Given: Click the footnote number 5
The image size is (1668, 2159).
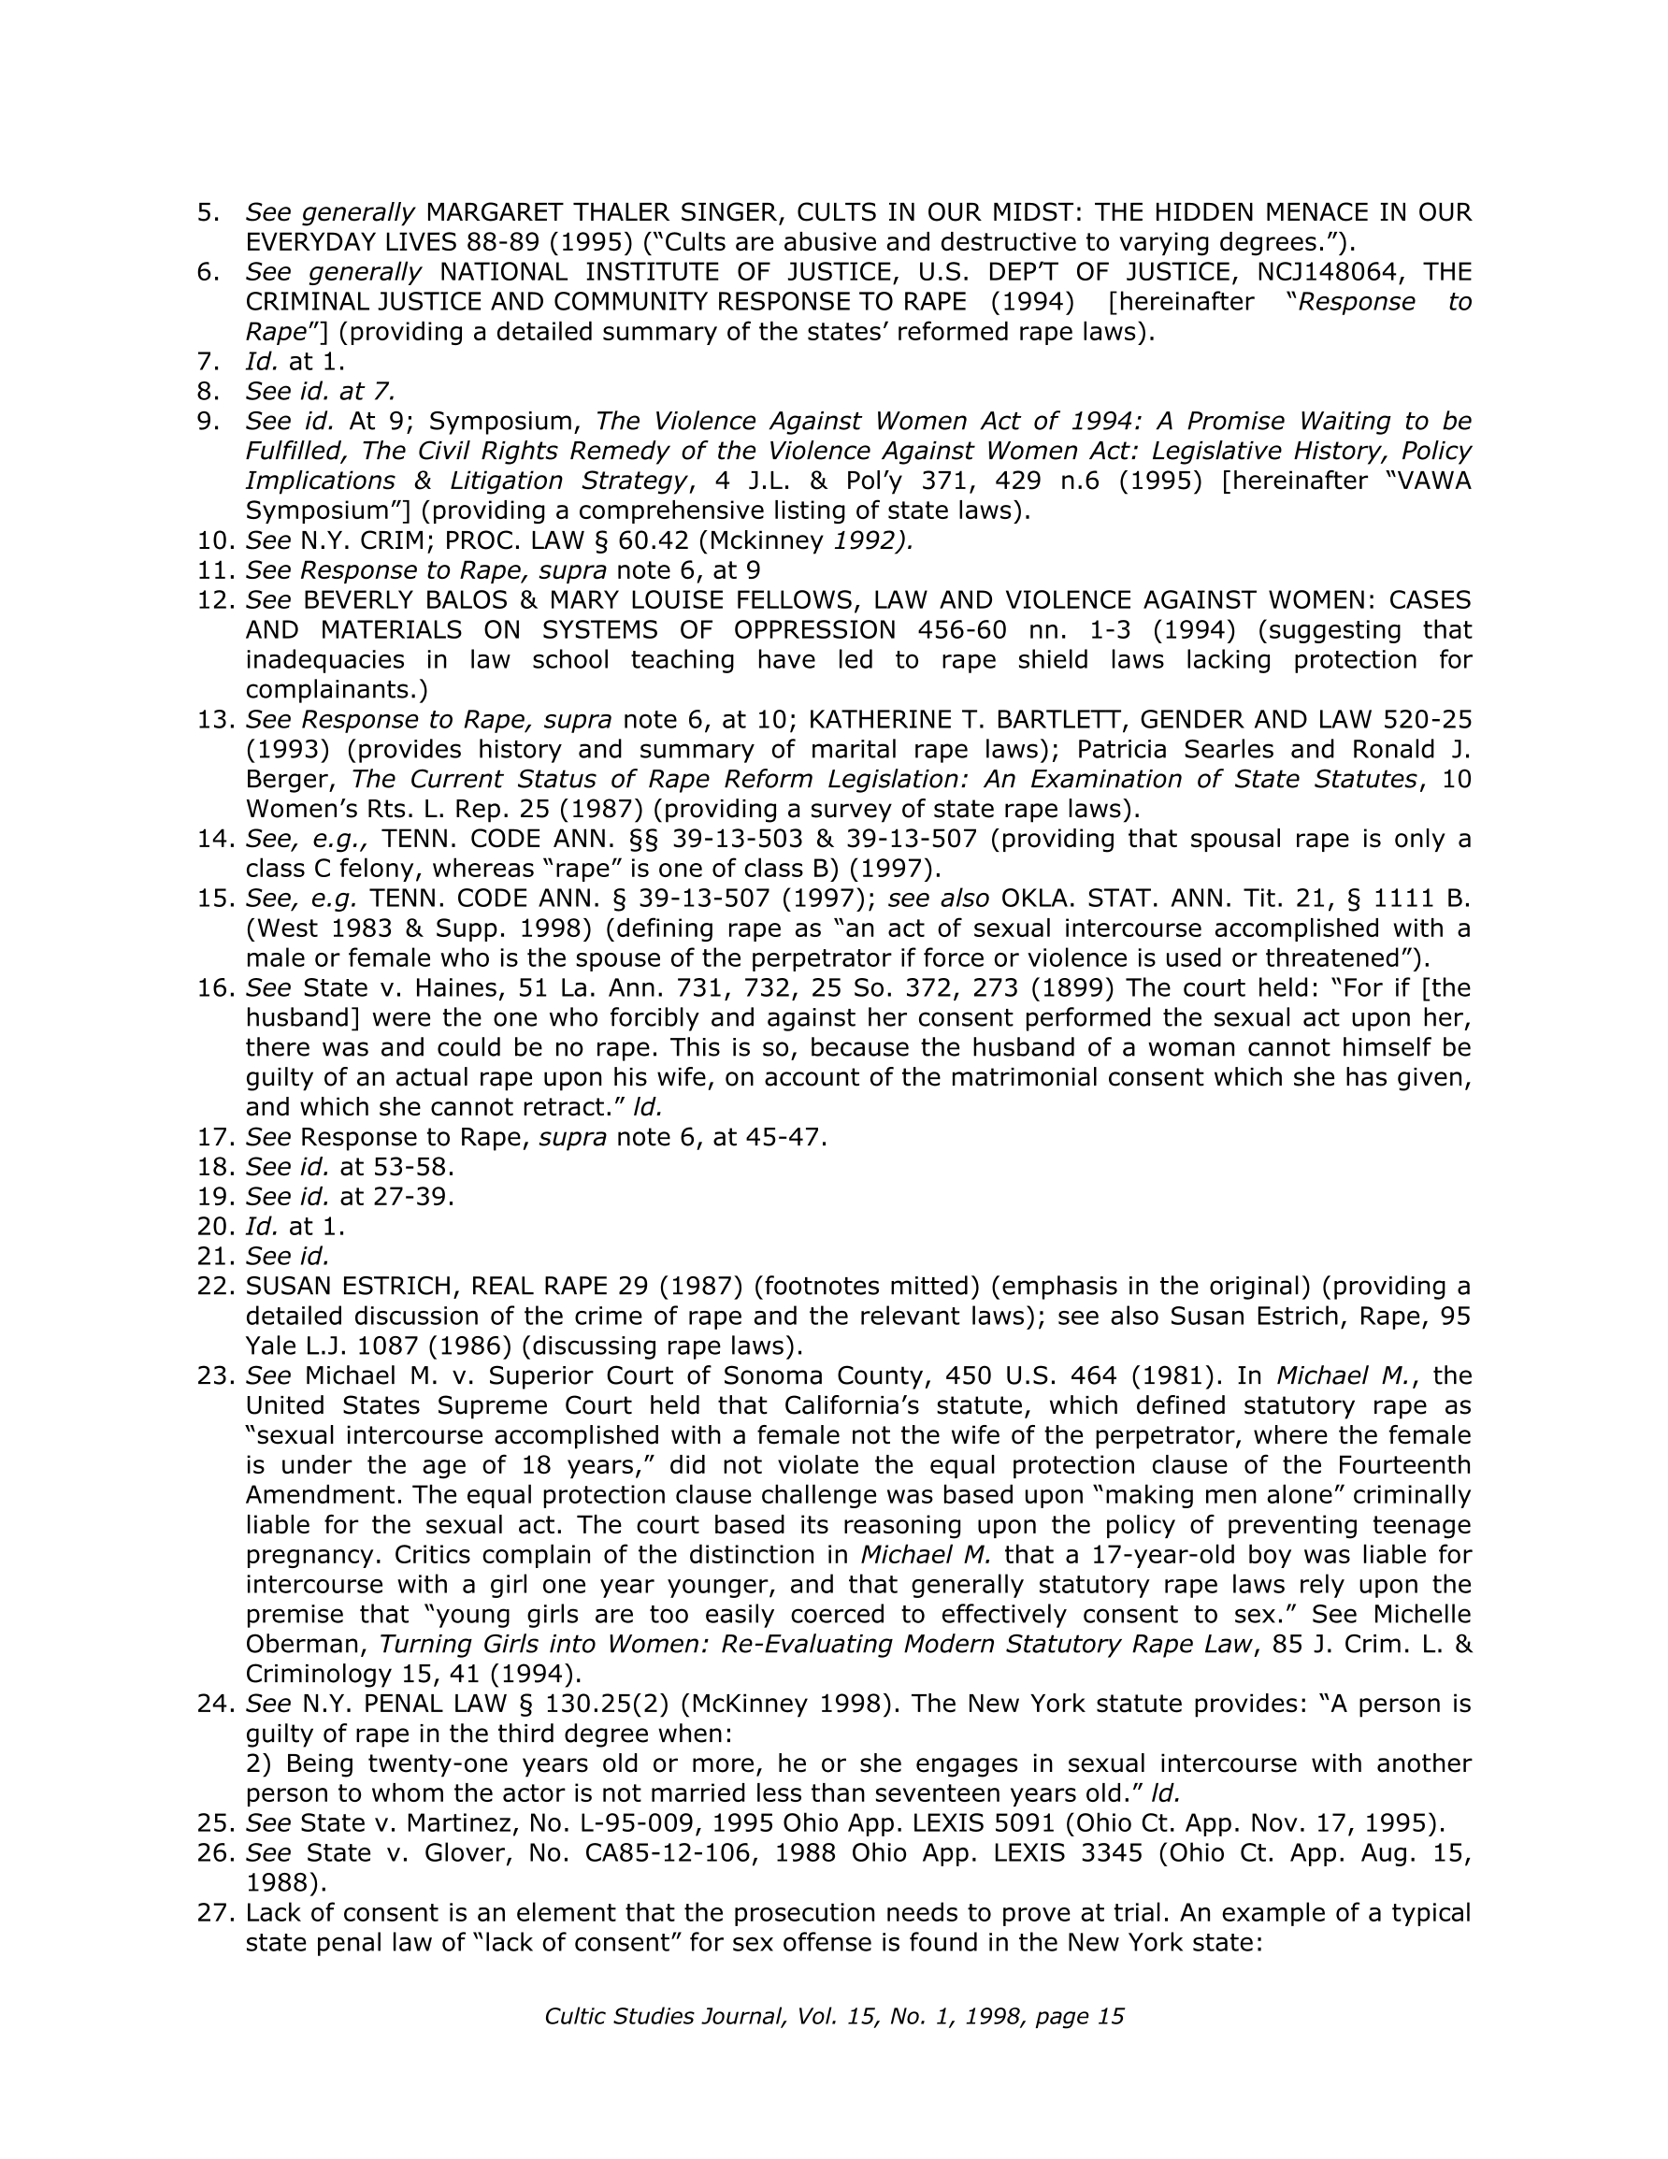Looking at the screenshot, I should (208, 212).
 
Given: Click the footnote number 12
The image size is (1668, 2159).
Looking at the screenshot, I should (217, 600).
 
